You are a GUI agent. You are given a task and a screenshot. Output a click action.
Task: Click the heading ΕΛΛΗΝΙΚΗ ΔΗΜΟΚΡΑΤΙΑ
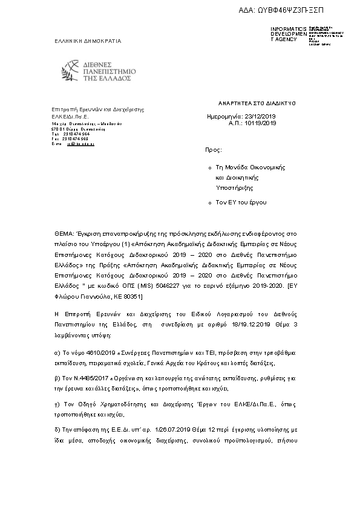pyautogui.click(x=88, y=41)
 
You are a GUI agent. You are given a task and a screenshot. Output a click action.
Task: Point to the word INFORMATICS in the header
pyautogui.click(x=288, y=29)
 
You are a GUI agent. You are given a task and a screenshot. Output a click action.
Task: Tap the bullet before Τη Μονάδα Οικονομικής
pyautogui.click(x=209, y=166)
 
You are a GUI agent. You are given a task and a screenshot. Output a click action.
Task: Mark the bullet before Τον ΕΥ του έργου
pyautogui.click(x=209, y=203)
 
